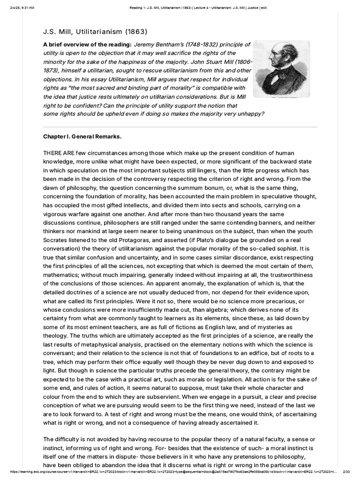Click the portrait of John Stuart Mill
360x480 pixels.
(x=285, y=69)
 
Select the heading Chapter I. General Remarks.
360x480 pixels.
(x=82, y=136)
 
